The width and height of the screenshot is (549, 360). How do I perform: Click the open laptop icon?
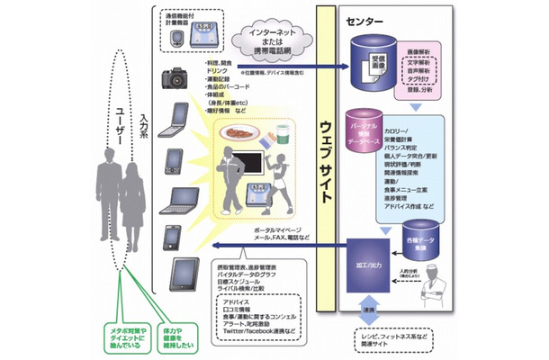(x=175, y=200)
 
